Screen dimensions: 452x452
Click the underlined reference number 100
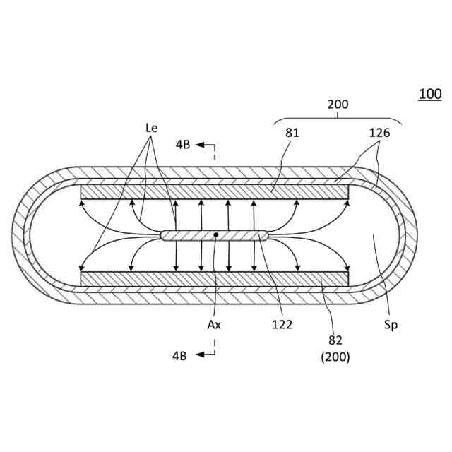(429, 94)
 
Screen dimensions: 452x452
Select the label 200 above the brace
(338, 105)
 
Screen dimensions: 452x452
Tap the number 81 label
(292, 132)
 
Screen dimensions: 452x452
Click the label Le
(151, 128)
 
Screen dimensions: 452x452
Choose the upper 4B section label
(183, 145)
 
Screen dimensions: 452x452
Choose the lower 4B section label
(179, 355)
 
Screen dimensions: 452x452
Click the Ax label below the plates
(213, 325)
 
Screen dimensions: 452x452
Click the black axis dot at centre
(216, 234)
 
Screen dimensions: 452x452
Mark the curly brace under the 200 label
(338, 119)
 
